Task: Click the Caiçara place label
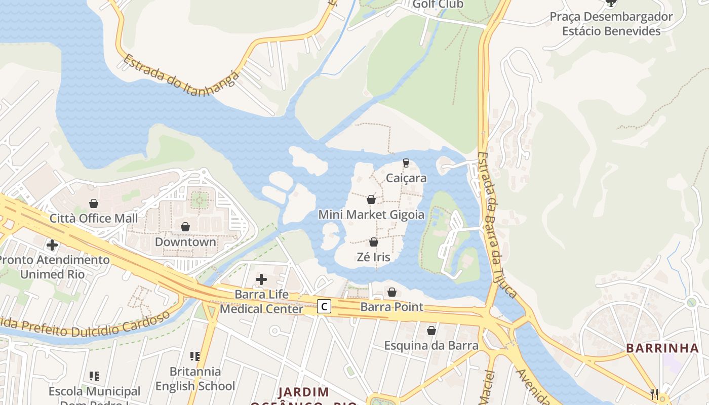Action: coord(406,178)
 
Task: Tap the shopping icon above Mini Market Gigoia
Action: coord(371,199)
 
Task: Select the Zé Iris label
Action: coord(374,257)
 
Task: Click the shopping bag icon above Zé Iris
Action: coord(374,242)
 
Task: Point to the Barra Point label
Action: coord(391,307)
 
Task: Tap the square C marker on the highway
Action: coord(324,306)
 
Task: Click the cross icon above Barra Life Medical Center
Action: coord(261,279)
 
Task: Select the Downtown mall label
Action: coord(185,242)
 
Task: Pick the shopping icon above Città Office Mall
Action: coord(94,204)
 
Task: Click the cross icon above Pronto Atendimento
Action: coord(52,246)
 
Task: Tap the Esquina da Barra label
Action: coord(431,346)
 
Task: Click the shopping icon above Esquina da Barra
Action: coord(431,331)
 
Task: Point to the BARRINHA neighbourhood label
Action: coord(662,348)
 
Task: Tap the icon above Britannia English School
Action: coord(195,356)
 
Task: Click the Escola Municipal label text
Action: coord(95,391)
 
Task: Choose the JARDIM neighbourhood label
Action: coord(304,392)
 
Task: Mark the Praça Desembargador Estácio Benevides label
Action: coord(611,24)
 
